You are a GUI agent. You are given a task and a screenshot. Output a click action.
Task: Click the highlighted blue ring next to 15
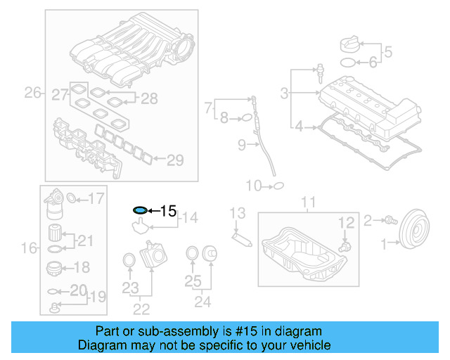pyautogui.click(x=140, y=210)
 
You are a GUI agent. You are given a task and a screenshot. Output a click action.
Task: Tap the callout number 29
pyautogui.click(x=174, y=160)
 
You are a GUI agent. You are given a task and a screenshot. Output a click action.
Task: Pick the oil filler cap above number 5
pyautogui.click(x=349, y=43)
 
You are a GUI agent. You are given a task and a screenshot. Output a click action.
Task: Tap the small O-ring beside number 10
pyautogui.click(x=278, y=186)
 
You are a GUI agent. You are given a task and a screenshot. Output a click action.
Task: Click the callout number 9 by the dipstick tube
pyautogui.click(x=241, y=146)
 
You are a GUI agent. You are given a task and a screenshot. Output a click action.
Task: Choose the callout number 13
pyautogui.click(x=237, y=213)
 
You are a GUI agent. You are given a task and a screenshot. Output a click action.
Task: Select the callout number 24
pyautogui.click(x=203, y=302)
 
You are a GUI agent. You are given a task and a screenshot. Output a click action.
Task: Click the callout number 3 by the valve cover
pyautogui.click(x=284, y=93)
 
